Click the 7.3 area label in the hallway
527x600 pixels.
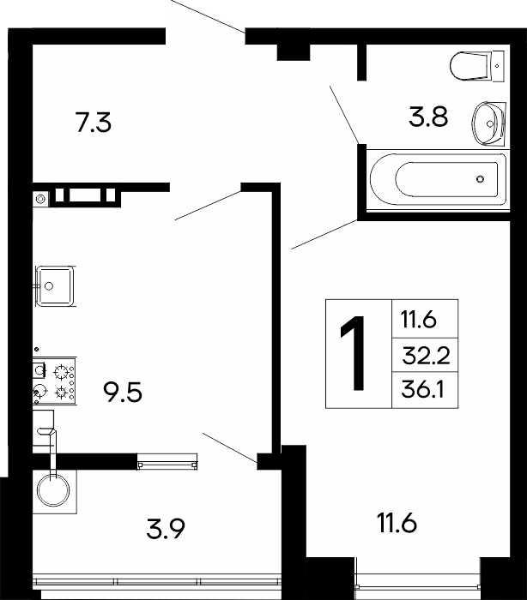[x=94, y=123]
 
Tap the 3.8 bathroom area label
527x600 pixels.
[x=428, y=117]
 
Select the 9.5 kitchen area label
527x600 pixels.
[x=123, y=393]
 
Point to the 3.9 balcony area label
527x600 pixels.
[x=166, y=529]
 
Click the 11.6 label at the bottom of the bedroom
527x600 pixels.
[x=397, y=523]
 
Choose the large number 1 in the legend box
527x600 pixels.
[x=353, y=353]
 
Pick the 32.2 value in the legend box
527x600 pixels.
[x=426, y=356]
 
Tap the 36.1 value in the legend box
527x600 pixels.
[x=422, y=390]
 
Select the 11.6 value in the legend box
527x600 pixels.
[x=419, y=319]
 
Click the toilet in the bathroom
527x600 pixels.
[x=477, y=66]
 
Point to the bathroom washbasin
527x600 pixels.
[x=488, y=123]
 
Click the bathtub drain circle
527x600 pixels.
[x=480, y=178]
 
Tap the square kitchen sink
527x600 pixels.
[x=55, y=285]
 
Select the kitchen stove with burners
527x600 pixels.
[x=54, y=381]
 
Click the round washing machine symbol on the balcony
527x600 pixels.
[x=53, y=490]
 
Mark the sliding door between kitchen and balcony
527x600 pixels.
[x=167, y=461]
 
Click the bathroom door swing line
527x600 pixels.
[x=344, y=114]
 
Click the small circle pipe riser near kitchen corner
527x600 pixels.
[x=40, y=199]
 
